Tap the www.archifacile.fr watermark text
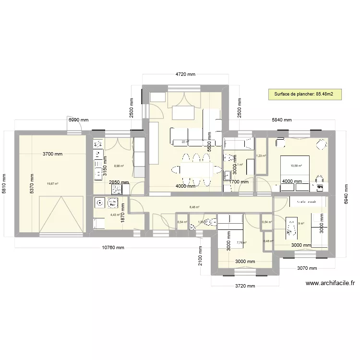click(x=330, y=283)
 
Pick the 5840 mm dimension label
click(x=281, y=120)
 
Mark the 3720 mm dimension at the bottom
click(x=244, y=286)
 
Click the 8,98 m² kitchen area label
click(x=119, y=166)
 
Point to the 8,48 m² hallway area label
click(x=194, y=207)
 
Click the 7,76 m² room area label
click(x=241, y=242)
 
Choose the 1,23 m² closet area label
click(x=261, y=156)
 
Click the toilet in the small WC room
click(x=208, y=222)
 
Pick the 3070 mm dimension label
click(x=307, y=268)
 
